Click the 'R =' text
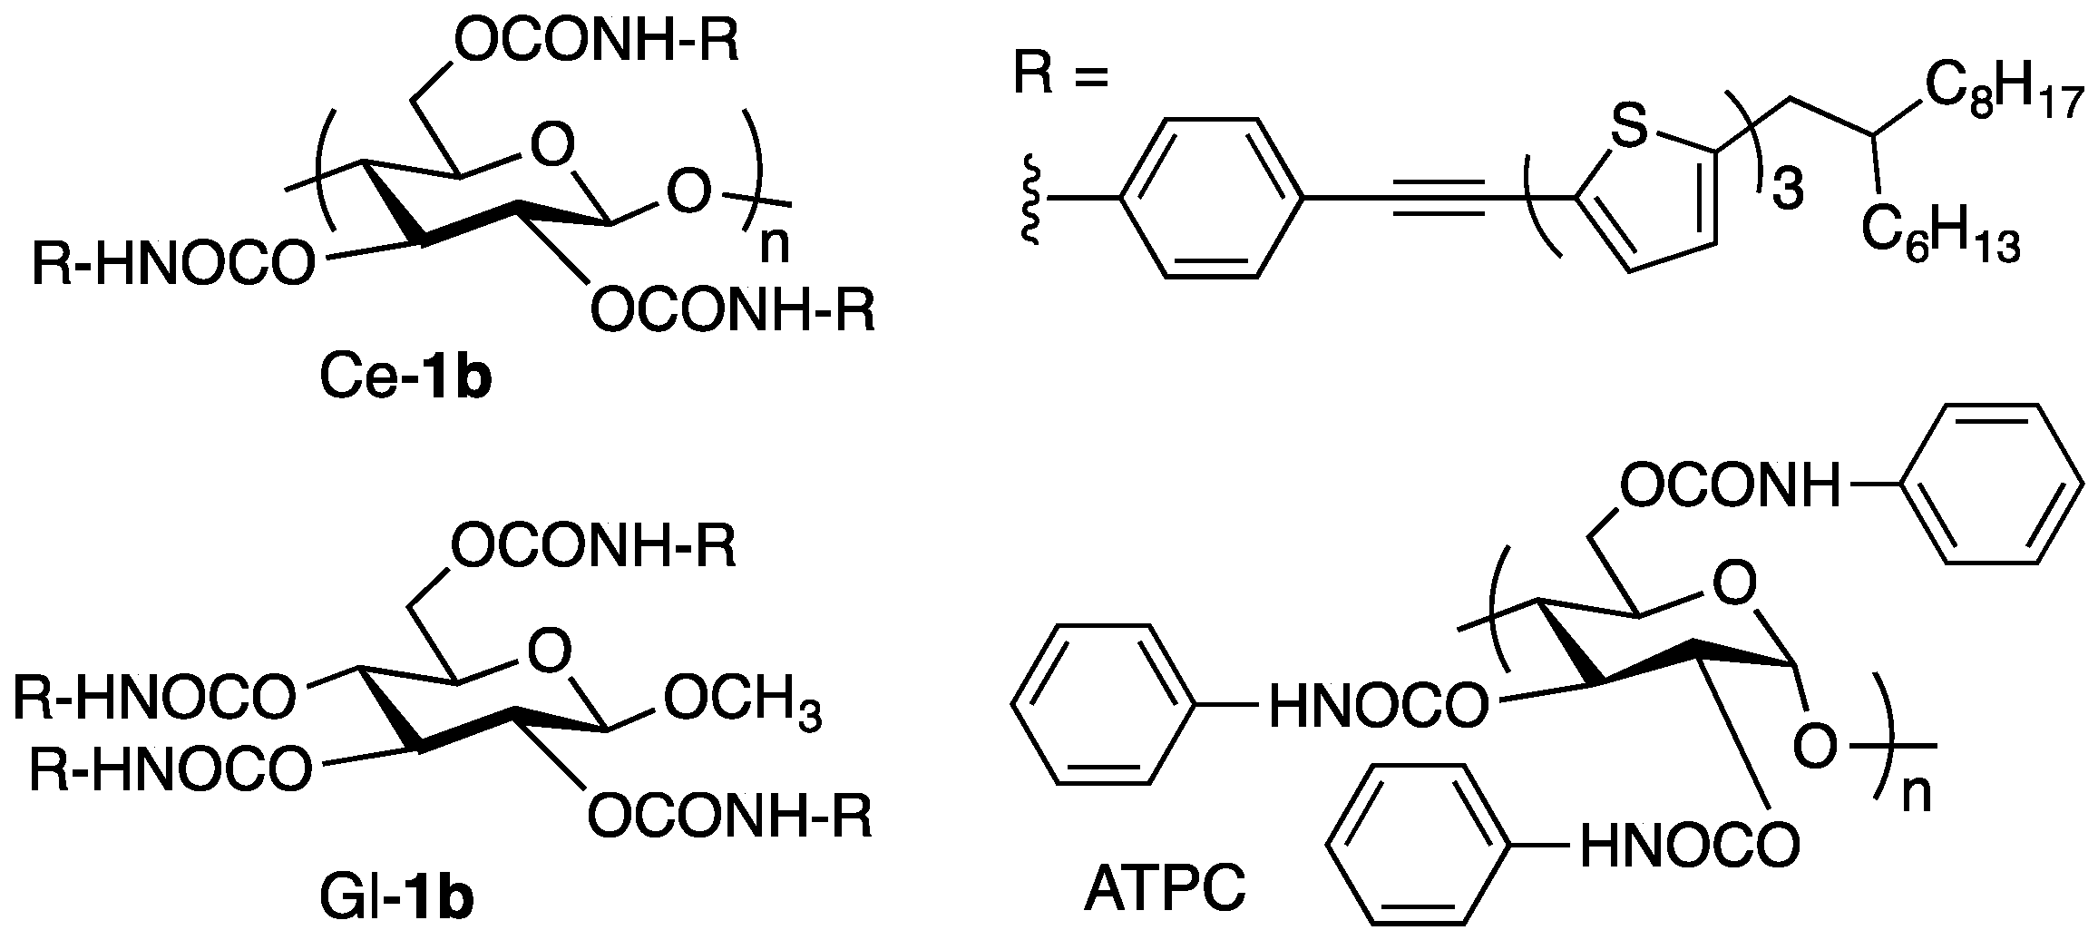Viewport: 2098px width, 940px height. (1061, 76)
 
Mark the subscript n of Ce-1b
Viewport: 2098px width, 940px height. (774, 246)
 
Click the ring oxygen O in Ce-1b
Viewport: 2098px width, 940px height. (552, 143)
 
